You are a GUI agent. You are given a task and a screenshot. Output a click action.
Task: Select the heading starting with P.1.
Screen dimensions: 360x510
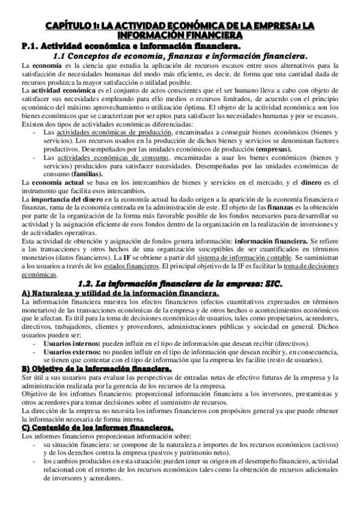click(x=130, y=45)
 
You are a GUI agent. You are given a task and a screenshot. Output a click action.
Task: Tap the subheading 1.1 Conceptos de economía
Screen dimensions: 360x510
click(x=180, y=55)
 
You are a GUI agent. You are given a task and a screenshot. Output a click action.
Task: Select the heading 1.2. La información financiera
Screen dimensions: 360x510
click(x=180, y=284)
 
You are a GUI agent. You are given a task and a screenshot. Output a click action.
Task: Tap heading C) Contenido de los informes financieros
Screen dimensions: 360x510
click(x=97, y=426)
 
